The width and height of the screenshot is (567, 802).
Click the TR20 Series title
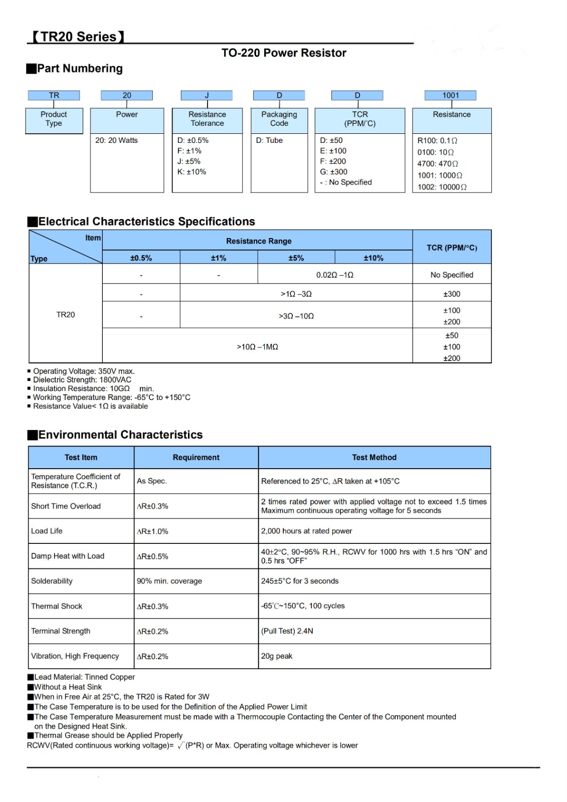78,37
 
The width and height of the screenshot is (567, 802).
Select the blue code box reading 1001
450,95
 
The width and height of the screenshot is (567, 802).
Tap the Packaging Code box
279,119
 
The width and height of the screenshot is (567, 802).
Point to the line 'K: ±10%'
192,172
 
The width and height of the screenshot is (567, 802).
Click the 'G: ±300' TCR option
333,172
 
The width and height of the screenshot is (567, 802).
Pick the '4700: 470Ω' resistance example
438,163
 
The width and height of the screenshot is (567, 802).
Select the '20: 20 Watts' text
116,140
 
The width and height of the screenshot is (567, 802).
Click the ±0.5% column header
141,258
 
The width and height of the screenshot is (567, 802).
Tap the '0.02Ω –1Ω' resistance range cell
334,275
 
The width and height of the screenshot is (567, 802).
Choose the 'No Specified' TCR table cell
452,275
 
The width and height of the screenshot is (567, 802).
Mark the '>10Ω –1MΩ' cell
257,347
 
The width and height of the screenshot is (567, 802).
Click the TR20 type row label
66,315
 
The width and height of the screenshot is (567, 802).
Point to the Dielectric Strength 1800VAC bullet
82,380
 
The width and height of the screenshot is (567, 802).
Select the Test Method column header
374,458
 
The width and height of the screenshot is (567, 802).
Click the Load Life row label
47,531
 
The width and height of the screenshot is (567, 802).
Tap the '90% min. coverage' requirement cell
169,581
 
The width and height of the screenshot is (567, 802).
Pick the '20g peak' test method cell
277,656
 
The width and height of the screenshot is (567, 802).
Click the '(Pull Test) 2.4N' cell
287,631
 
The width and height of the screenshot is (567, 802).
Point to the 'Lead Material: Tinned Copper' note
84,677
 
